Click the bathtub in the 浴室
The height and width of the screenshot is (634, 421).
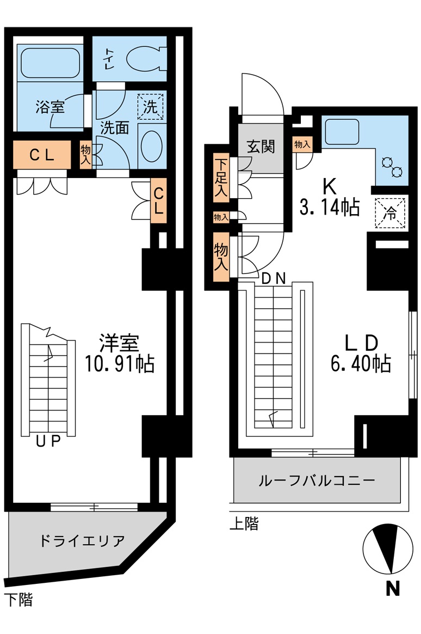click(49, 63)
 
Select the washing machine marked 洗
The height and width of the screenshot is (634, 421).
click(150, 106)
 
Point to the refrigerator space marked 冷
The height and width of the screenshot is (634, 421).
click(391, 211)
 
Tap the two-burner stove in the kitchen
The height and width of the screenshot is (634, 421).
click(392, 167)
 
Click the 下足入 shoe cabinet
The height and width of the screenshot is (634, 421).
click(221, 178)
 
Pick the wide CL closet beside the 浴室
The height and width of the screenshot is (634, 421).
click(42, 155)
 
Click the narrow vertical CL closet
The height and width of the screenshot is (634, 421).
click(158, 200)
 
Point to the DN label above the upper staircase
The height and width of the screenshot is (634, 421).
click(274, 278)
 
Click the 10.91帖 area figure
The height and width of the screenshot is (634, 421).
click(119, 363)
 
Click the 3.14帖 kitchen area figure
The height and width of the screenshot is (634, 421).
click(329, 206)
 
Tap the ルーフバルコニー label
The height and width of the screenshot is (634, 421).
click(317, 480)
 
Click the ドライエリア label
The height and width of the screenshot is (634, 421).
click(82, 541)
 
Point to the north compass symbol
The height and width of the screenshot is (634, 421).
click(387, 548)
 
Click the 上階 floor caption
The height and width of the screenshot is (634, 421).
click(244, 524)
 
